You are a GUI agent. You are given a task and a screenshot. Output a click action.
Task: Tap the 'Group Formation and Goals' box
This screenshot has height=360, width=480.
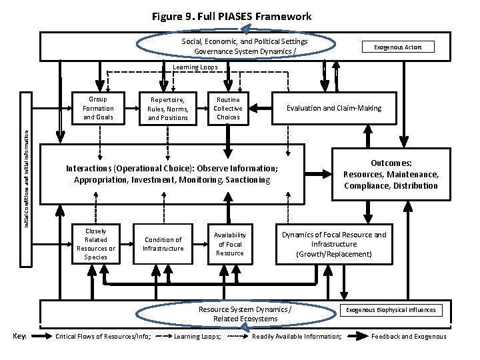tap(98, 108)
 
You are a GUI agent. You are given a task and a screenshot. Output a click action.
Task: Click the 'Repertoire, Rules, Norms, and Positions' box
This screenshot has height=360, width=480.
tap(168, 109)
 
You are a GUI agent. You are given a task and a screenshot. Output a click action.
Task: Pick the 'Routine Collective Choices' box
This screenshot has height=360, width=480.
tap(227, 108)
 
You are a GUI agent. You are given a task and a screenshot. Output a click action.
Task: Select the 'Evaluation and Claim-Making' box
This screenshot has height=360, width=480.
tap(333, 108)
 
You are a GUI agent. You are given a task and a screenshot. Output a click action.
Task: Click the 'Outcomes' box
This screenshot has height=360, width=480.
tap(391, 174)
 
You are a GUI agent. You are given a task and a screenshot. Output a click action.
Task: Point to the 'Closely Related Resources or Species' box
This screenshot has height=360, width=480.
tap(96, 244)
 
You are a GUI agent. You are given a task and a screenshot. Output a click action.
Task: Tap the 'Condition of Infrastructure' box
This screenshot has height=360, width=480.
tap(163, 244)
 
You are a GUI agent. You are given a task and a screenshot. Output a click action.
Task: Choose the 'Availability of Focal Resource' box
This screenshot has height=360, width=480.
tap(229, 244)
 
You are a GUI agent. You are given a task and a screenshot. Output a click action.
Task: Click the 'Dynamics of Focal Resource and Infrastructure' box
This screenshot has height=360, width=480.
tap(333, 244)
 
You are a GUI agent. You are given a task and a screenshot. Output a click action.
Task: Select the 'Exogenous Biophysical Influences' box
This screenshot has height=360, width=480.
tap(391, 310)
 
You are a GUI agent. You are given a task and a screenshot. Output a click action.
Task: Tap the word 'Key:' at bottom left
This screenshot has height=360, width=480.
tap(19, 337)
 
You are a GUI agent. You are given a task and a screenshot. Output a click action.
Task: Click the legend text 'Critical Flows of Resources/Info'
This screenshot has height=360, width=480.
tap(103, 337)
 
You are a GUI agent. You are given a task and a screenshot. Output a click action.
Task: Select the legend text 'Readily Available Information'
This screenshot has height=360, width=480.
tap(297, 337)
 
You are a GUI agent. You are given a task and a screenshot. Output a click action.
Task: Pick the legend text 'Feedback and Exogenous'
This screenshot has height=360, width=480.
tap(409, 337)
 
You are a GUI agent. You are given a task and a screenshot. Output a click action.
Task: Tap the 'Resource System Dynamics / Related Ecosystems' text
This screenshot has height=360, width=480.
tap(245, 314)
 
